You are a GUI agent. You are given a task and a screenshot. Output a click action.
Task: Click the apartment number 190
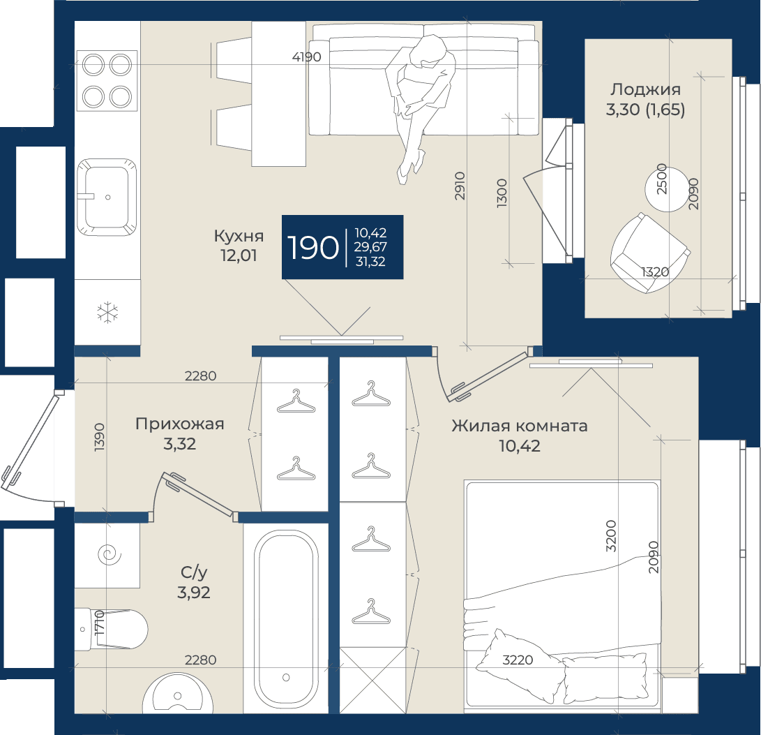click(313, 247)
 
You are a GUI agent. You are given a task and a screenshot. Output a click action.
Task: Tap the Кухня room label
click(239, 236)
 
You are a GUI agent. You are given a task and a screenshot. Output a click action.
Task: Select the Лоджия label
click(645, 90)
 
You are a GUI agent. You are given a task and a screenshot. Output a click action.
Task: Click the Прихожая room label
click(179, 424)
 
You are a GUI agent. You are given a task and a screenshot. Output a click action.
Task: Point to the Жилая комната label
click(519, 426)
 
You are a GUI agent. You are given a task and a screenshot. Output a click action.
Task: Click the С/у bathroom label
click(194, 572)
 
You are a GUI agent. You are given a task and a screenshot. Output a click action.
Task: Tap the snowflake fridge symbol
click(107, 313)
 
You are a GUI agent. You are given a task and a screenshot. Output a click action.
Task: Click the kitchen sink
click(107, 198)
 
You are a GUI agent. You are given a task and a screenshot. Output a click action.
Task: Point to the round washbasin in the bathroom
click(178, 694)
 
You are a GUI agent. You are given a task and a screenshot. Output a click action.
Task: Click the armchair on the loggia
click(650, 253)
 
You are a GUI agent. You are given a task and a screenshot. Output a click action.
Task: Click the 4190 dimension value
click(307, 57)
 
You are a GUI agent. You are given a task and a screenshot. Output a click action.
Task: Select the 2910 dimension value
click(460, 186)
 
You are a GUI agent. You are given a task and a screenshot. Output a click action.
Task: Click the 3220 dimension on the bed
click(518, 660)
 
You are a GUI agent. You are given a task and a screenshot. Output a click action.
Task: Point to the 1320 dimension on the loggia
click(655, 272)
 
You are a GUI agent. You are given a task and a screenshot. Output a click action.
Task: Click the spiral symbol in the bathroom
click(110, 554)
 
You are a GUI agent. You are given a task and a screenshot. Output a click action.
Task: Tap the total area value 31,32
click(370, 262)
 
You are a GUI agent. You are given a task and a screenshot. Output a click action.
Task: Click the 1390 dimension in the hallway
click(100, 437)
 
